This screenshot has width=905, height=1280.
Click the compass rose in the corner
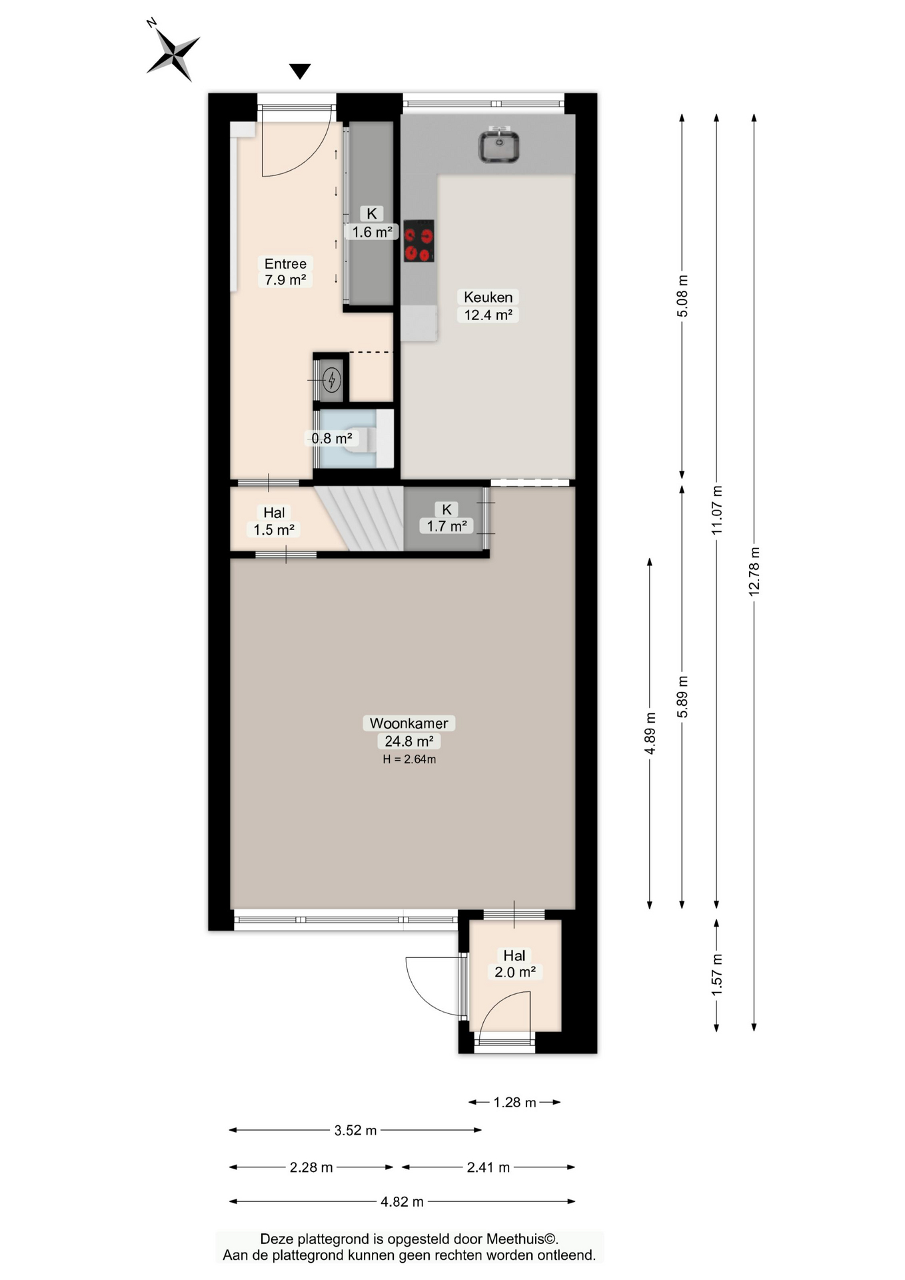[x=173, y=53]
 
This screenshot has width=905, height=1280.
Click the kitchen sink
[x=498, y=145]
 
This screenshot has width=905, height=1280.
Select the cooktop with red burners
[x=419, y=241]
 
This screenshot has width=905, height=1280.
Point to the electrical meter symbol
[x=331, y=380]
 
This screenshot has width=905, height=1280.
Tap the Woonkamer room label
[x=409, y=723]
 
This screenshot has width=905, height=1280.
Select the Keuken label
[x=488, y=297]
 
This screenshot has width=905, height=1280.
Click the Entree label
[x=285, y=264]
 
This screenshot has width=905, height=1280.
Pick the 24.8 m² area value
[x=409, y=741]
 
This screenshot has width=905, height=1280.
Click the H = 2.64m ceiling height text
[x=409, y=759]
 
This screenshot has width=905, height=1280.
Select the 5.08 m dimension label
[x=682, y=296]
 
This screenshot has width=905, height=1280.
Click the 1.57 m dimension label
[x=717, y=975]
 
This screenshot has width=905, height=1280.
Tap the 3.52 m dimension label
[x=355, y=1130]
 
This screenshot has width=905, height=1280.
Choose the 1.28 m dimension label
[x=514, y=1102]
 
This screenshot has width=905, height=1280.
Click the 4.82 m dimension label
[x=402, y=1201]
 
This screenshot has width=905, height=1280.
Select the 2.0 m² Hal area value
[x=514, y=972]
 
